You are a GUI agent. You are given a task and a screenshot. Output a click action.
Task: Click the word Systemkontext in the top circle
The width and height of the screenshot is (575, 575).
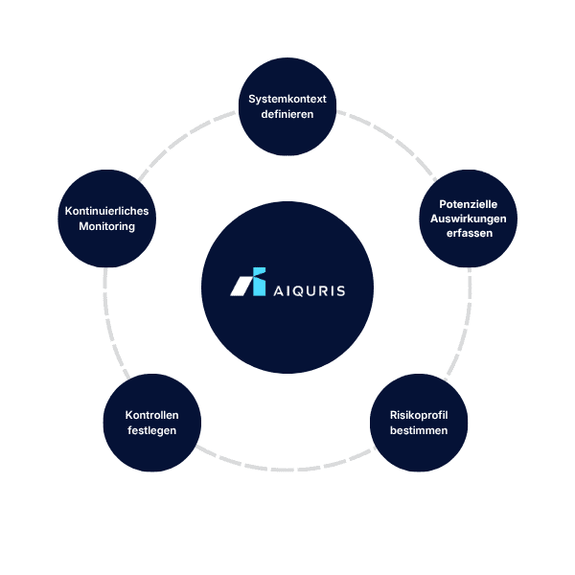coord(287,99)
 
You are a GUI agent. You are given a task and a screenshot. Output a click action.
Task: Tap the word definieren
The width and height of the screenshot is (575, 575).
coord(287,114)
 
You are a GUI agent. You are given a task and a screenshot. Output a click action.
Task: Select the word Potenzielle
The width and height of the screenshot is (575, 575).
coord(469,204)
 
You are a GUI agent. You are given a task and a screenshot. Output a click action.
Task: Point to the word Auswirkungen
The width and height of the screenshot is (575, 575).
coord(469,218)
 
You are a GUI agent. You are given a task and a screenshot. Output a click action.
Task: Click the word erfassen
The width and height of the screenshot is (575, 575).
coord(469,234)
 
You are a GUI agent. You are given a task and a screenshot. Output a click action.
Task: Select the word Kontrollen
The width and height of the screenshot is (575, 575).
coord(151,415)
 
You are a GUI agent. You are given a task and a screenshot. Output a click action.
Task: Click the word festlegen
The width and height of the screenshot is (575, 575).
coord(151,430)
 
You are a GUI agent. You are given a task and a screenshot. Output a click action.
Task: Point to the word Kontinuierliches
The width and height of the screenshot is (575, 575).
coord(106,212)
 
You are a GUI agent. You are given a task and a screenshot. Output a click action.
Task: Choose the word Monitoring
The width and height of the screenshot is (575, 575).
coord(106,227)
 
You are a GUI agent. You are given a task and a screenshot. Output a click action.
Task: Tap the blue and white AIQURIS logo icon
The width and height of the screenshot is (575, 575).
coord(249,284)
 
